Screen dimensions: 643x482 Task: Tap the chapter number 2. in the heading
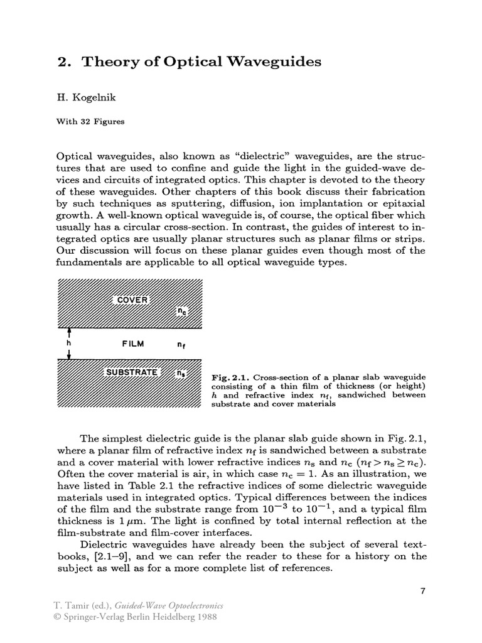(65, 62)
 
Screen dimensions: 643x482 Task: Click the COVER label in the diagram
(132, 300)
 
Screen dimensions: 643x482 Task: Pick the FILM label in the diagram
(132, 344)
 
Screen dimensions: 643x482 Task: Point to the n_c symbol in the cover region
(182, 311)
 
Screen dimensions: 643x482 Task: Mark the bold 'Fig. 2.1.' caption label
(232, 377)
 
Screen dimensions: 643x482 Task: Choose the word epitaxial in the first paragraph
(401, 204)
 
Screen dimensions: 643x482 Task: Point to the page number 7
(422, 591)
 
